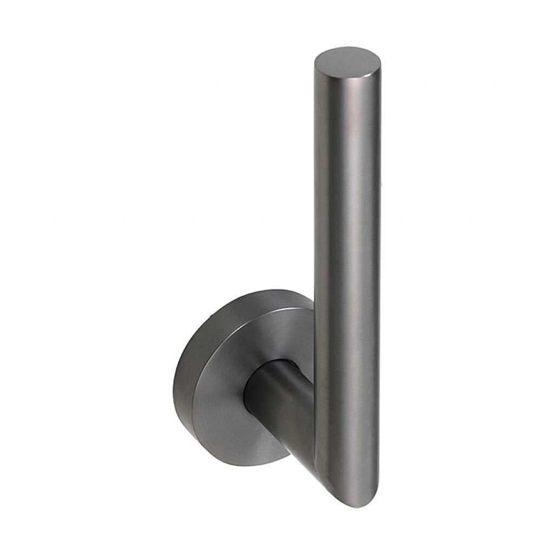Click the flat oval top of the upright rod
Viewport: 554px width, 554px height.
(347, 62)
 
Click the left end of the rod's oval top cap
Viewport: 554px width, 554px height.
(315, 64)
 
